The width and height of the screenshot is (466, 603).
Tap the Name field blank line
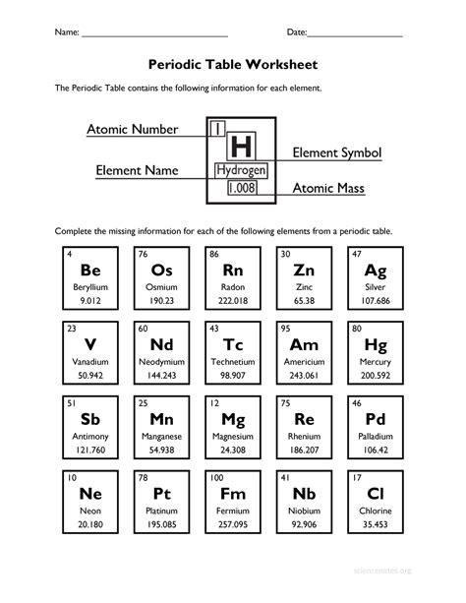click(155, 35)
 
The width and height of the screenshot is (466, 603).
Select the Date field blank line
click(355, 35)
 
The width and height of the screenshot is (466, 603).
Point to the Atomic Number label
click(132, 129)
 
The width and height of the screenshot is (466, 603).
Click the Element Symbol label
click(337, 153)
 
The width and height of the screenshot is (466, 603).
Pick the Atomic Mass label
click(329, 187)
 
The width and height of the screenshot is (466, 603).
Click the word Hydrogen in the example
click(241, 170)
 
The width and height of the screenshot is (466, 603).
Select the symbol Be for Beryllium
click(91, 271)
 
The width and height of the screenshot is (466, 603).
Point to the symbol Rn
click(233, 271)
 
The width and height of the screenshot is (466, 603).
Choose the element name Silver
click(375, 287)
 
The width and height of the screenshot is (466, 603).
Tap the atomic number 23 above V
click(72, 330)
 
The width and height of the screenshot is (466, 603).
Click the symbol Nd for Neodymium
click(162, 345)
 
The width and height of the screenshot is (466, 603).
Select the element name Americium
click(304, 362)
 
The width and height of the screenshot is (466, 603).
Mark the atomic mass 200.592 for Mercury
click(375, 377)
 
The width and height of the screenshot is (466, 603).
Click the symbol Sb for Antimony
click(91, 420)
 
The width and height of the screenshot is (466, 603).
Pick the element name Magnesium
click(233, 437)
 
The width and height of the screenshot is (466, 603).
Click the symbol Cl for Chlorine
click(375, 495)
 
